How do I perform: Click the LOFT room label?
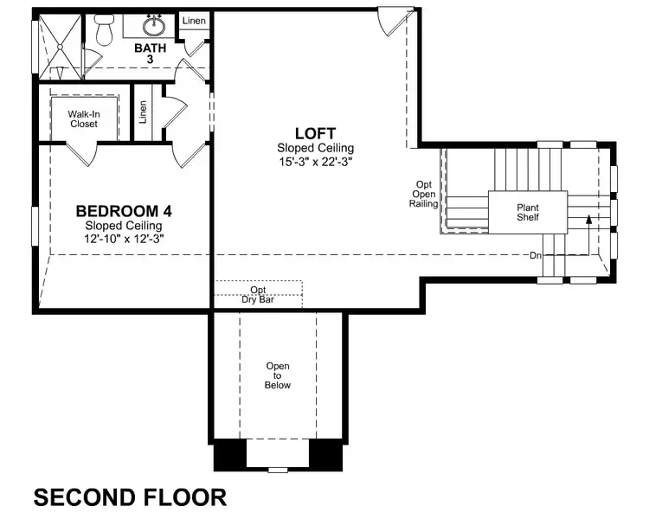(x=316, y=133)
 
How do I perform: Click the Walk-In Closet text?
(x=84, y=119)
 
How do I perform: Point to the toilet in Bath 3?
(x=105, y=30)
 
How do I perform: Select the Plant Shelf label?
(x=528, y=212)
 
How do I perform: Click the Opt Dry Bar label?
(x=259, y=294)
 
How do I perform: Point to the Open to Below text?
(x=278, y=375)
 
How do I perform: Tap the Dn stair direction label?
(x=537, y=256)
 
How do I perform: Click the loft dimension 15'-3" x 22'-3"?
(x=316, y=161)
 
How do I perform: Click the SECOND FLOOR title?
(x=130, y=497)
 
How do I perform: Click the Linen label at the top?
(x=194, y=21)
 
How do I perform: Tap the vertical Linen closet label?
(x=143, y=113)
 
